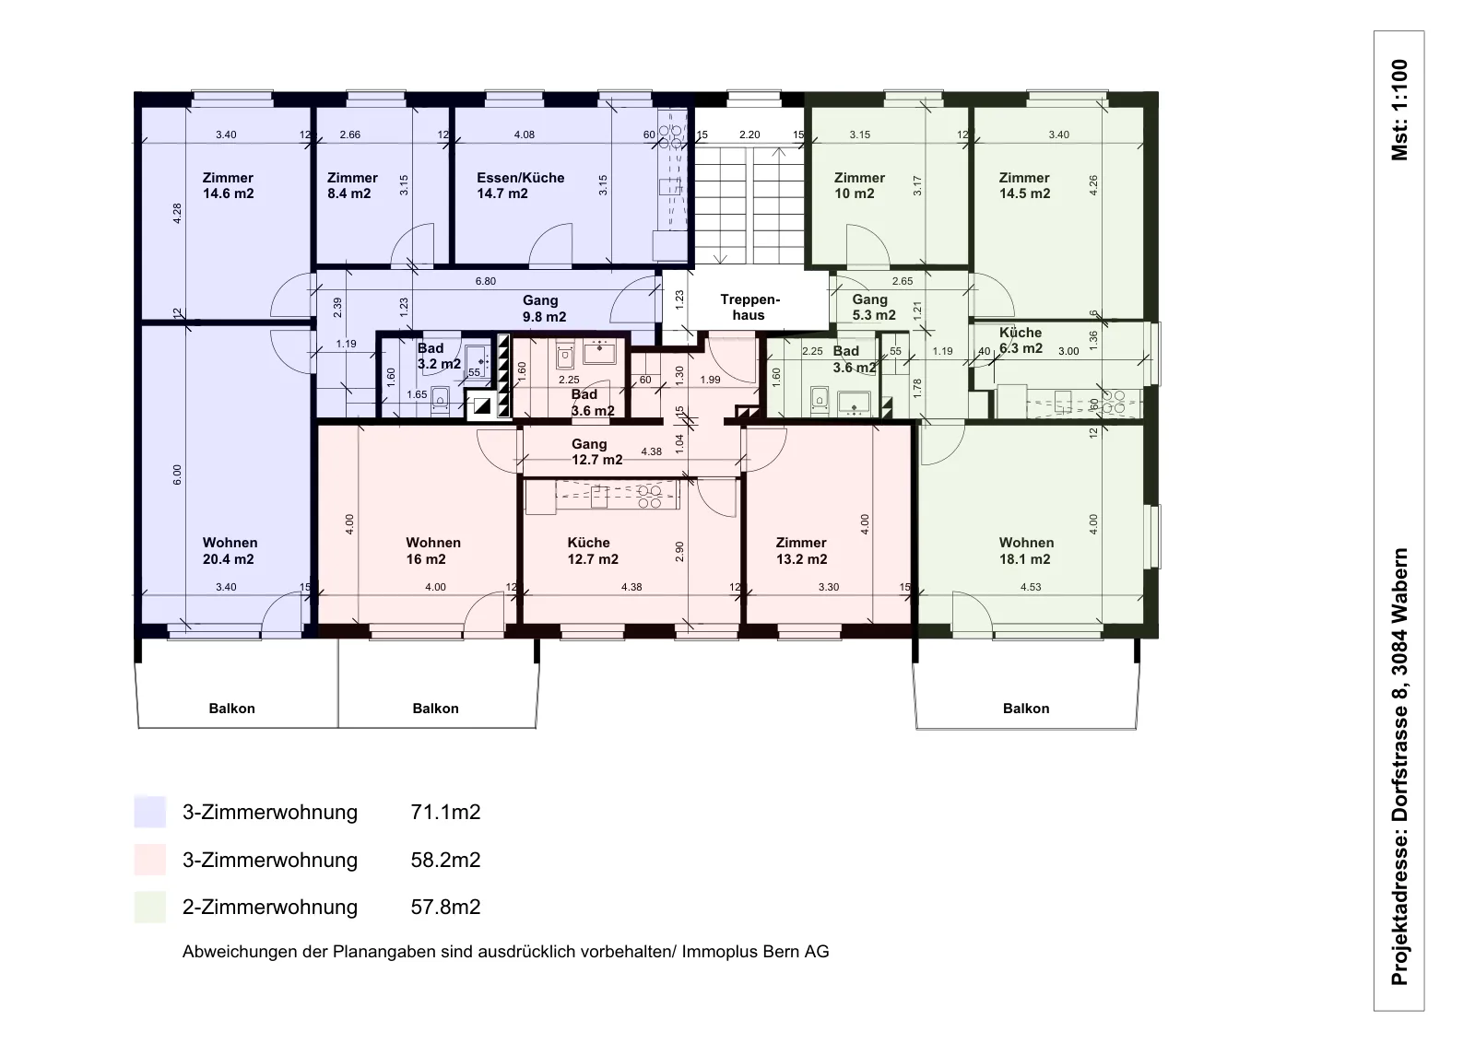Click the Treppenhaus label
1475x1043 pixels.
tap(749, 308)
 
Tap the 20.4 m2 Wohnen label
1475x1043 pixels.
tap(230, 551)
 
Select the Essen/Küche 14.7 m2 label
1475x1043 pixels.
tap(520, 185)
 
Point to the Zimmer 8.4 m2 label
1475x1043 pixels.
tap(352, 185)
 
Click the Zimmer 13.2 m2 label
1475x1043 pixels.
tap(801, 551)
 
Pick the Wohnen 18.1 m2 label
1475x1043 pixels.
tap(1026, 551)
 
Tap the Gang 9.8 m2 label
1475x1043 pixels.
tap(544, 309)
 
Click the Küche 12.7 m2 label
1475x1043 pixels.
tap(593, 551)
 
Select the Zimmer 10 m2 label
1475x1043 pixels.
tap(859, 185)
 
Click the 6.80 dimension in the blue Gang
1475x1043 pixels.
tap(485, 282)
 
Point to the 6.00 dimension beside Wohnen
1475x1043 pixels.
tap(176, 475)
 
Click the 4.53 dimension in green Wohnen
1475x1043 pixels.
tap(1031, 587)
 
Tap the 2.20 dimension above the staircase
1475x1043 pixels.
tap(749, 135)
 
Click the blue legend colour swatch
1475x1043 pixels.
tap(149, 812)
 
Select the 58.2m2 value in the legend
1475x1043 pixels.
tap(446, 860)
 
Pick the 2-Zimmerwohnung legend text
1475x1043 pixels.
tap(270, 908)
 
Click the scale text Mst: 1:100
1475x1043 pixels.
tap(1399, 110)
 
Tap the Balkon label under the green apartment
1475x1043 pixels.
tap(1026, 709)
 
